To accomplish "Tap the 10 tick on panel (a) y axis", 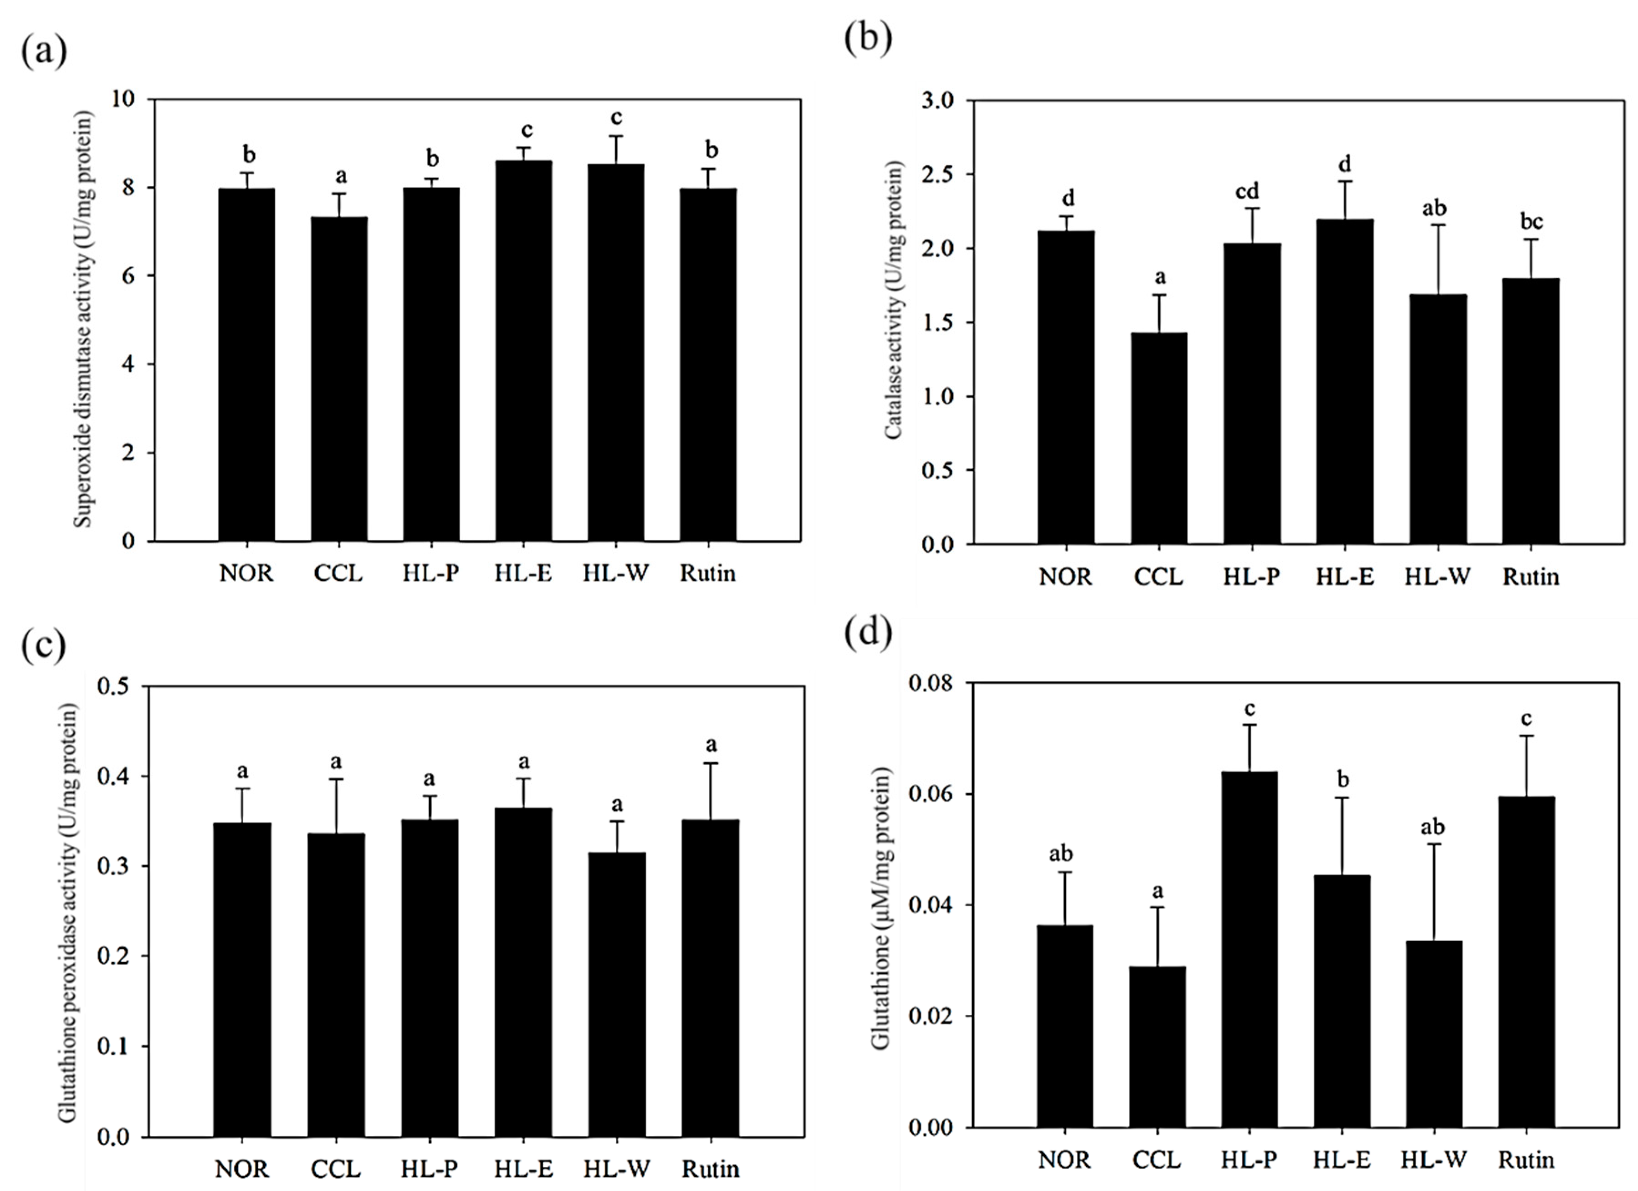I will pos(124,99).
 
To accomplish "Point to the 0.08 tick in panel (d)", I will pos(931,683).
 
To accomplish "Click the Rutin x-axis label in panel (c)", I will pos(710,1169).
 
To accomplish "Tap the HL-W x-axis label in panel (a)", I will pos(616,573).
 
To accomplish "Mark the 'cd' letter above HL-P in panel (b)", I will pos(1247,191).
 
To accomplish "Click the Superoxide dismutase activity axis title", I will pos(85,318).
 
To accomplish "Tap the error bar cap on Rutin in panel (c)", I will pos(710,763).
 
